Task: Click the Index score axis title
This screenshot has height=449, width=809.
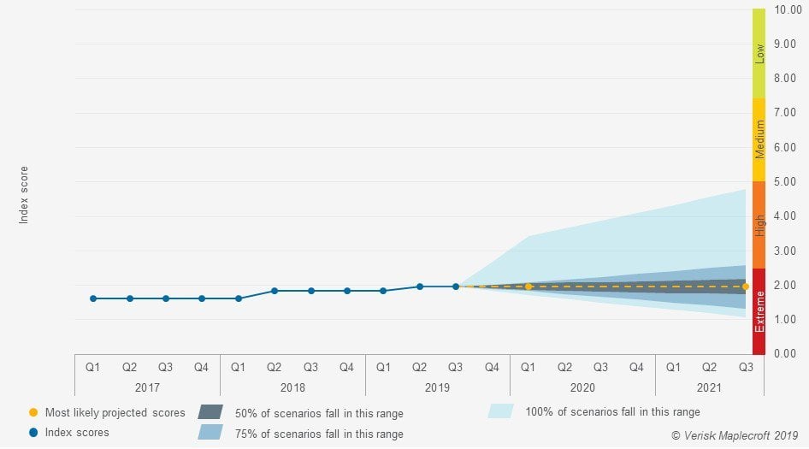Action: [x=24, y=195]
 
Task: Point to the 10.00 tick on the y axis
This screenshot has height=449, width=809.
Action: [x=785, y=9]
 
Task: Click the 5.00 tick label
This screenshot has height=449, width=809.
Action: [x=785, y=181]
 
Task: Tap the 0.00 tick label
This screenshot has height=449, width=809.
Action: [x=785, y=353]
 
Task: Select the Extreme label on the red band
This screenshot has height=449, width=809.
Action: [x=759, y=311]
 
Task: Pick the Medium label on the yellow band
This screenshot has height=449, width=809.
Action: [x=759, y=139]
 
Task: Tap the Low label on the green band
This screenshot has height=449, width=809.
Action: [x=759, y=54]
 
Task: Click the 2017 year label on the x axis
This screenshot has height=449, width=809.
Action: [x=147, y=387]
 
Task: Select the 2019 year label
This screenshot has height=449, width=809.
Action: [x=437, y=387]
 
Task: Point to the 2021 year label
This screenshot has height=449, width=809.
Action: [x=710, y=387]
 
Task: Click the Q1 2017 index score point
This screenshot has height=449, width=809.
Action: [x=93, y=298]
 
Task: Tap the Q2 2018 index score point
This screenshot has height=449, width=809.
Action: [x=275, y=291]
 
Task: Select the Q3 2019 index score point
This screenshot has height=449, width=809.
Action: [x=456, y=287]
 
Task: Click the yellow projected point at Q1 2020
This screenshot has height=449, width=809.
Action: [x=529, y=287]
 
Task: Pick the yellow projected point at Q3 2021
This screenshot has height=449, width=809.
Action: [x=746, y=287]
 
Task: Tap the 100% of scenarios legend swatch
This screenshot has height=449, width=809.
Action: [x=500, y=411]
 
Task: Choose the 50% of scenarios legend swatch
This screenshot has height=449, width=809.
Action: [x=210, y=412]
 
